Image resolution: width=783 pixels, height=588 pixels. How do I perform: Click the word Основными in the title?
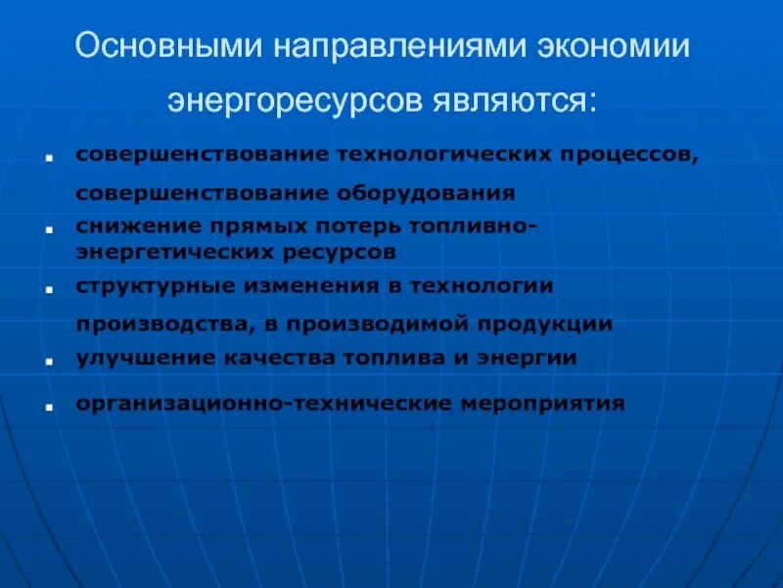click(174, 47)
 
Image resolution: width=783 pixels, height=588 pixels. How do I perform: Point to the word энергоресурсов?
click(298, 100)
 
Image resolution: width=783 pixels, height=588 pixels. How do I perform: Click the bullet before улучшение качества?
click(48, 361)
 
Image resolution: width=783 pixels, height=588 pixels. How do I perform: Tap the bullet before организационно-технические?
click(48, 404)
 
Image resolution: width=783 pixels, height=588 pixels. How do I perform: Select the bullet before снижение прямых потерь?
click(48, 228)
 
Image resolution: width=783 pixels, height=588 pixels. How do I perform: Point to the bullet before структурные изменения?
click(48, 289)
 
